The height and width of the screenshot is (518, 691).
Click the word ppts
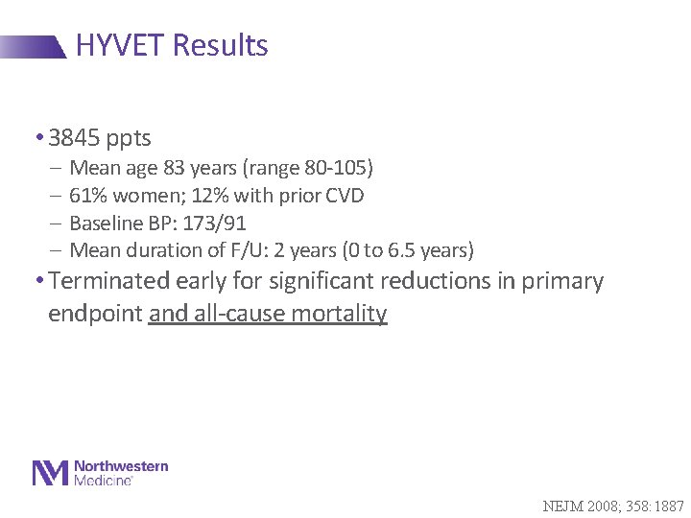pyautogui.click(x=128, y=139)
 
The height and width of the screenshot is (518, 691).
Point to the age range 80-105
pyautogui.click(x=333, y=168)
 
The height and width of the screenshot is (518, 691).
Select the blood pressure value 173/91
pyautogui.click(x=211, y=224)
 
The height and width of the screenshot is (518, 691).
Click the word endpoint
pyautogui.click(x=95, y=314)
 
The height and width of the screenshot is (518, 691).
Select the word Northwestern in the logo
pyautogui.click(x=122, y=466)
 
